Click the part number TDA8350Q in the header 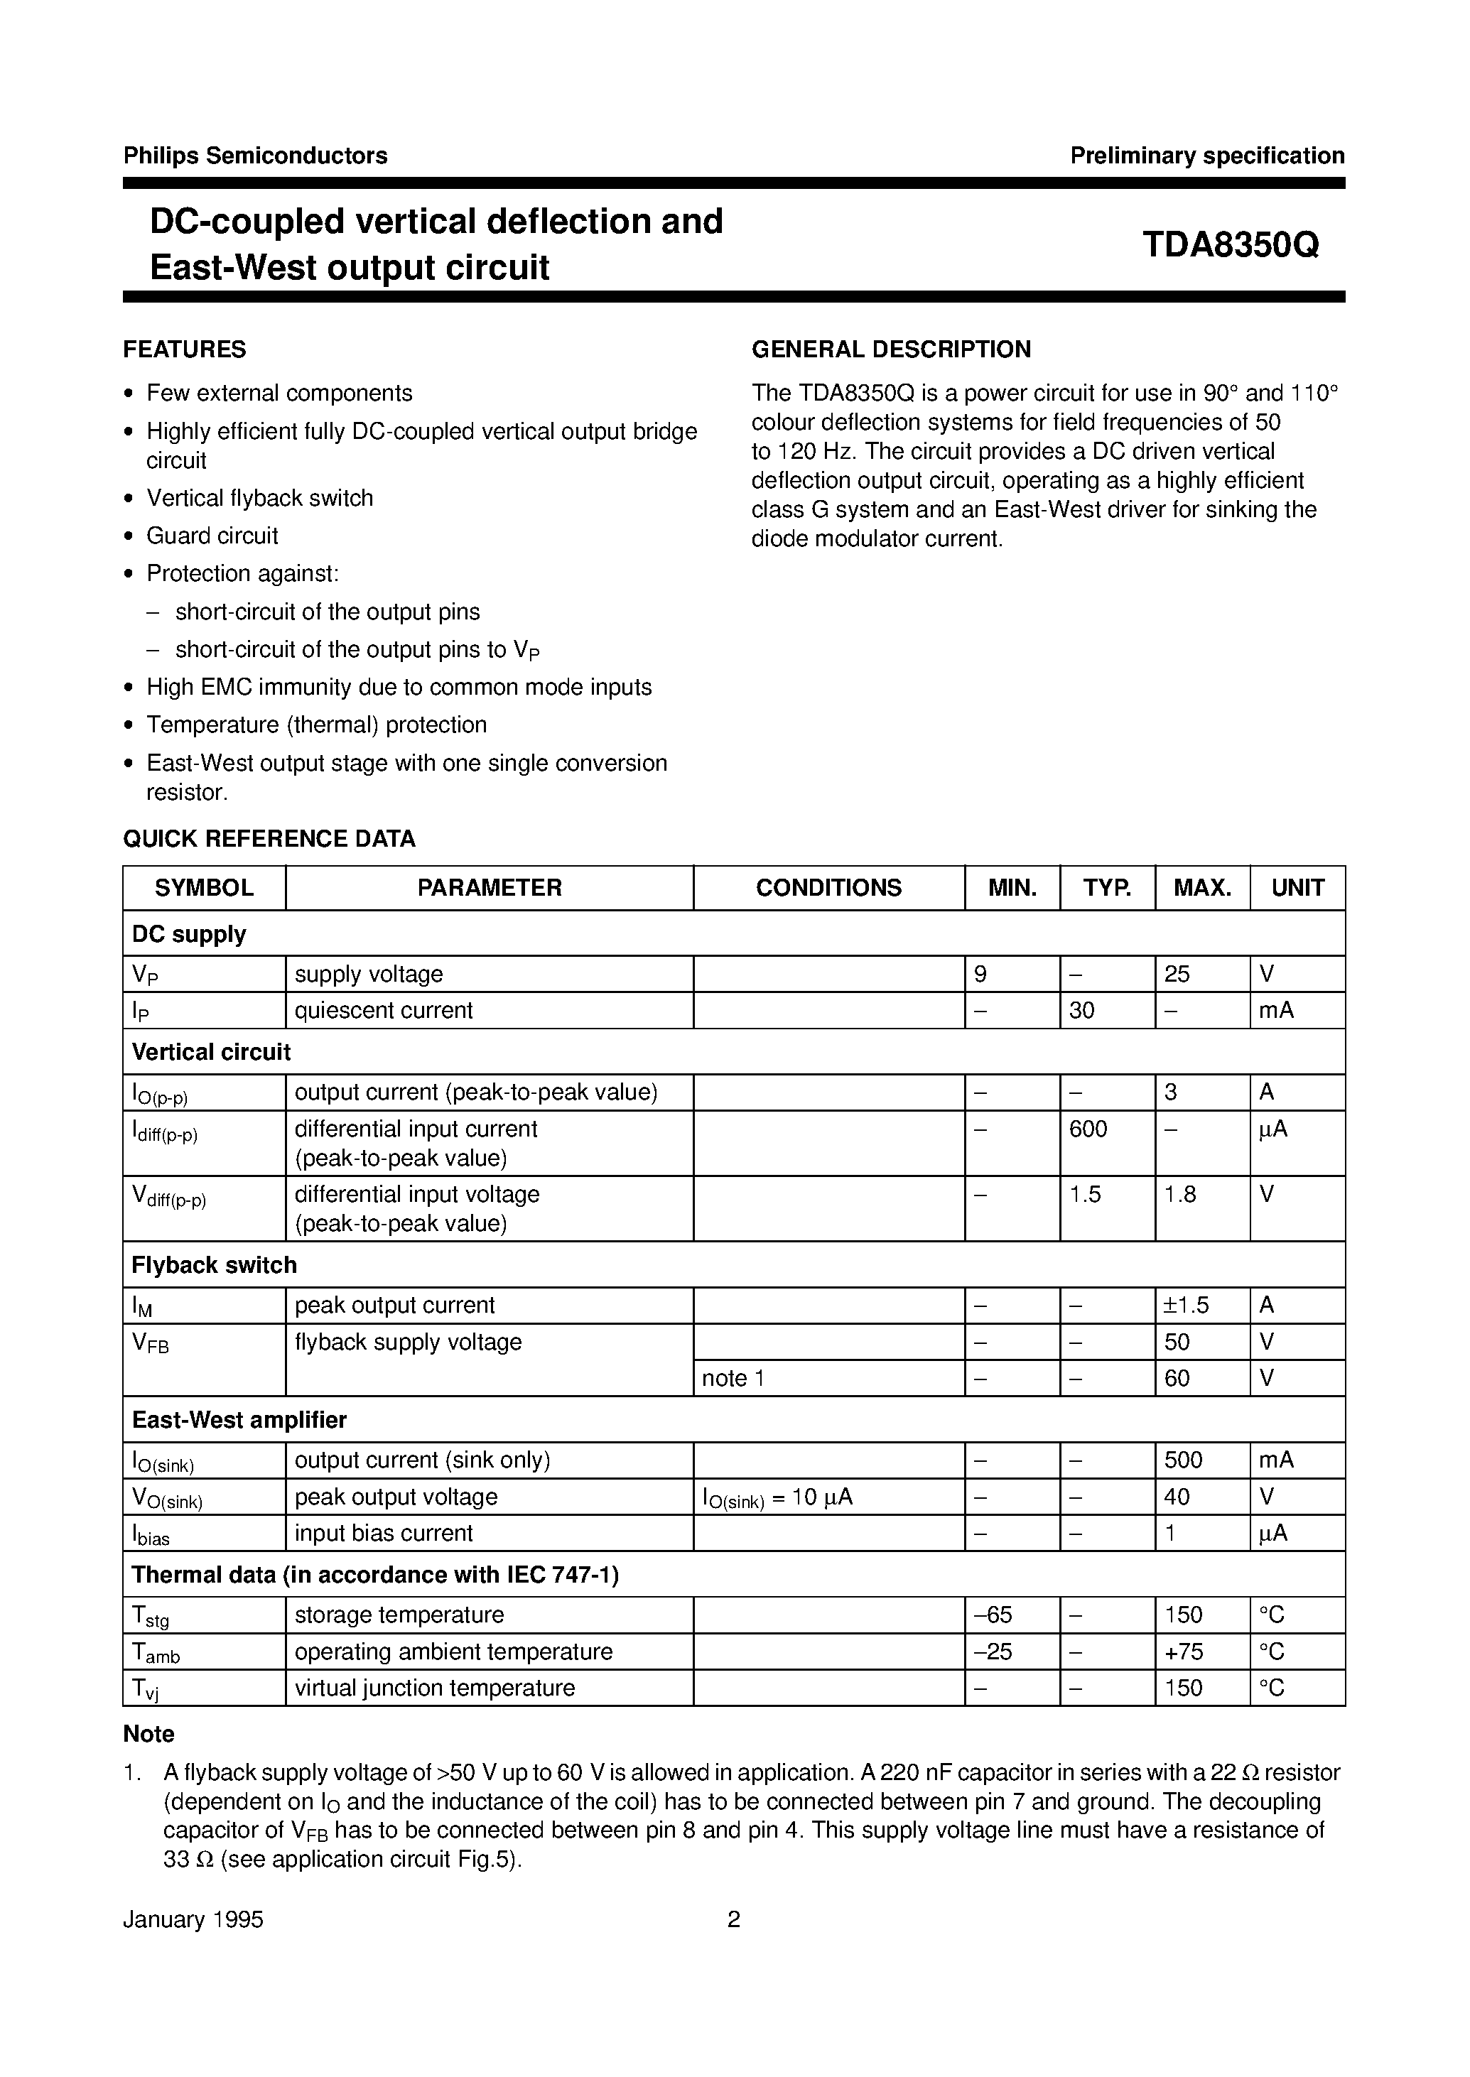click(1230, 244)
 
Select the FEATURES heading click(185, 349)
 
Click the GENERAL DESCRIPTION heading click(891, 349)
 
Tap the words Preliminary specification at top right click(1206, 156)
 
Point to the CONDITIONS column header click(828, 888)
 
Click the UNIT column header click(1297, 888)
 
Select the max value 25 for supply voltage click(1177, 975)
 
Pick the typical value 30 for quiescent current click(1081, 1011)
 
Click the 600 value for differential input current click(1087, 1129)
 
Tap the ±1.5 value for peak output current click(1186, 1305)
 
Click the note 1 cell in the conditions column click(733, 1378)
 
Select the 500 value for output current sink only click(1183, 1460)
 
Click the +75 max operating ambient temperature click(1183, 1652)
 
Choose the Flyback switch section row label click(214, 1265)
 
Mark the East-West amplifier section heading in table click(239, 1420)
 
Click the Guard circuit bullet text click(212, 536)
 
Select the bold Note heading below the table click(148, 1734)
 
